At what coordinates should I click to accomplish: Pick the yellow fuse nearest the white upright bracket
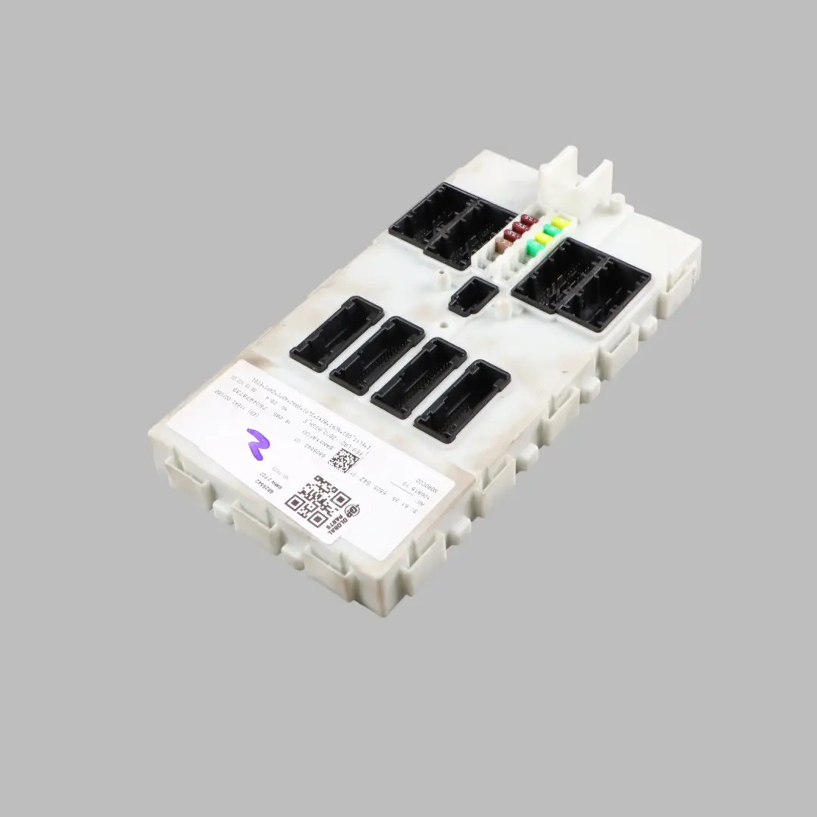pos(561,222)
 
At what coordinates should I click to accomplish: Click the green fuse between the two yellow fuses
pos(551,231)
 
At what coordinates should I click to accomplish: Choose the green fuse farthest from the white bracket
pos(534,247)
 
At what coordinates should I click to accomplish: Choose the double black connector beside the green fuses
pos(581,284)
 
